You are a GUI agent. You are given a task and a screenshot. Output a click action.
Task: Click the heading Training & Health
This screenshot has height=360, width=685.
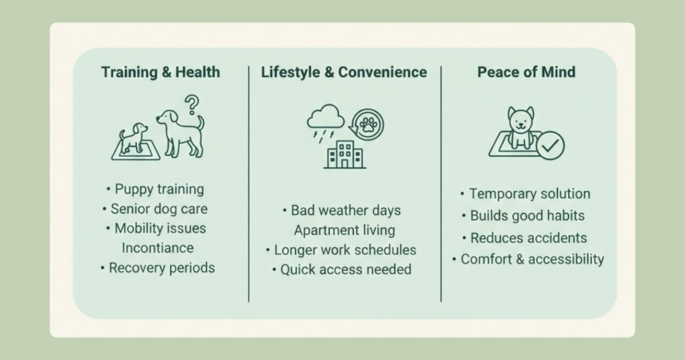[x=161, y=72]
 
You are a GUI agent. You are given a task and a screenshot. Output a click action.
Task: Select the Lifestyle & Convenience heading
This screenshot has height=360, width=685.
[x=344, y=72]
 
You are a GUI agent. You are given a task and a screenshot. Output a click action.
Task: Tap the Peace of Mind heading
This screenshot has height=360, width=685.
[x=526, y=72]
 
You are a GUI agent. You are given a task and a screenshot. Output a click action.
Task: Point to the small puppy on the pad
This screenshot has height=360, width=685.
[x=133, y=138]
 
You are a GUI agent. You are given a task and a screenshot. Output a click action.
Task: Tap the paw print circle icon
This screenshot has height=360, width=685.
[x=368, y=124]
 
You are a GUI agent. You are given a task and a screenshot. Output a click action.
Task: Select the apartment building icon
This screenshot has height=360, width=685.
[x=345, y=154]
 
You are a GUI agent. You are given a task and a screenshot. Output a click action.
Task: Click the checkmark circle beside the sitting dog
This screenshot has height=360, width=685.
[x=550, y=145]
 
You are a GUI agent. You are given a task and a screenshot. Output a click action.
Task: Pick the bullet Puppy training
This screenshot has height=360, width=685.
[x=155, y=189]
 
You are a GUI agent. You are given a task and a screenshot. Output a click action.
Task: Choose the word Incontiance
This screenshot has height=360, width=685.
[x=158, y=248]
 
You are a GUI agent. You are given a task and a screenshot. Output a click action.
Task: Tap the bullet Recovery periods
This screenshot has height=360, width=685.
[x=158, y=268]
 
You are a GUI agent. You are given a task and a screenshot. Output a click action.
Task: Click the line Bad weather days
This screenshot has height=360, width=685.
[x=342, y=210]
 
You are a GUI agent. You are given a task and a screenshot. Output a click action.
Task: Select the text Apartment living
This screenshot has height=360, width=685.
[x=345, y=230]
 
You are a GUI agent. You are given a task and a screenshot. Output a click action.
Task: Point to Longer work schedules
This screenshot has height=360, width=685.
[x=341, y=250]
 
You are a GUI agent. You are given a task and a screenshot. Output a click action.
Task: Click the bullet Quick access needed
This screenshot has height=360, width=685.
[x=342, y=270]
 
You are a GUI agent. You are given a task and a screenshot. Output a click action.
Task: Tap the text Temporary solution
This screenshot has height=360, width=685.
[x=526, y=193]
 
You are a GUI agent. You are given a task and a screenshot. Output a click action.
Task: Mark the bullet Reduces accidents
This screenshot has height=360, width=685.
[x=524, y=238]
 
